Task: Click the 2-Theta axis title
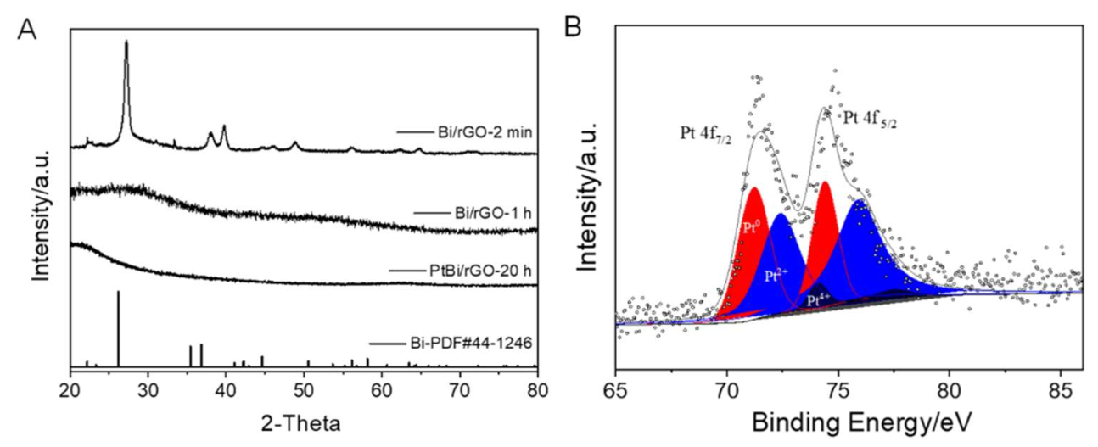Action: click(x=302, y=421)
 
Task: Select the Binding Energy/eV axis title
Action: click(x=849, y=421)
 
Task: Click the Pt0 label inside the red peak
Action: click(x=750, y=228)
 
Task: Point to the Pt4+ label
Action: click(x=818, y=299)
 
